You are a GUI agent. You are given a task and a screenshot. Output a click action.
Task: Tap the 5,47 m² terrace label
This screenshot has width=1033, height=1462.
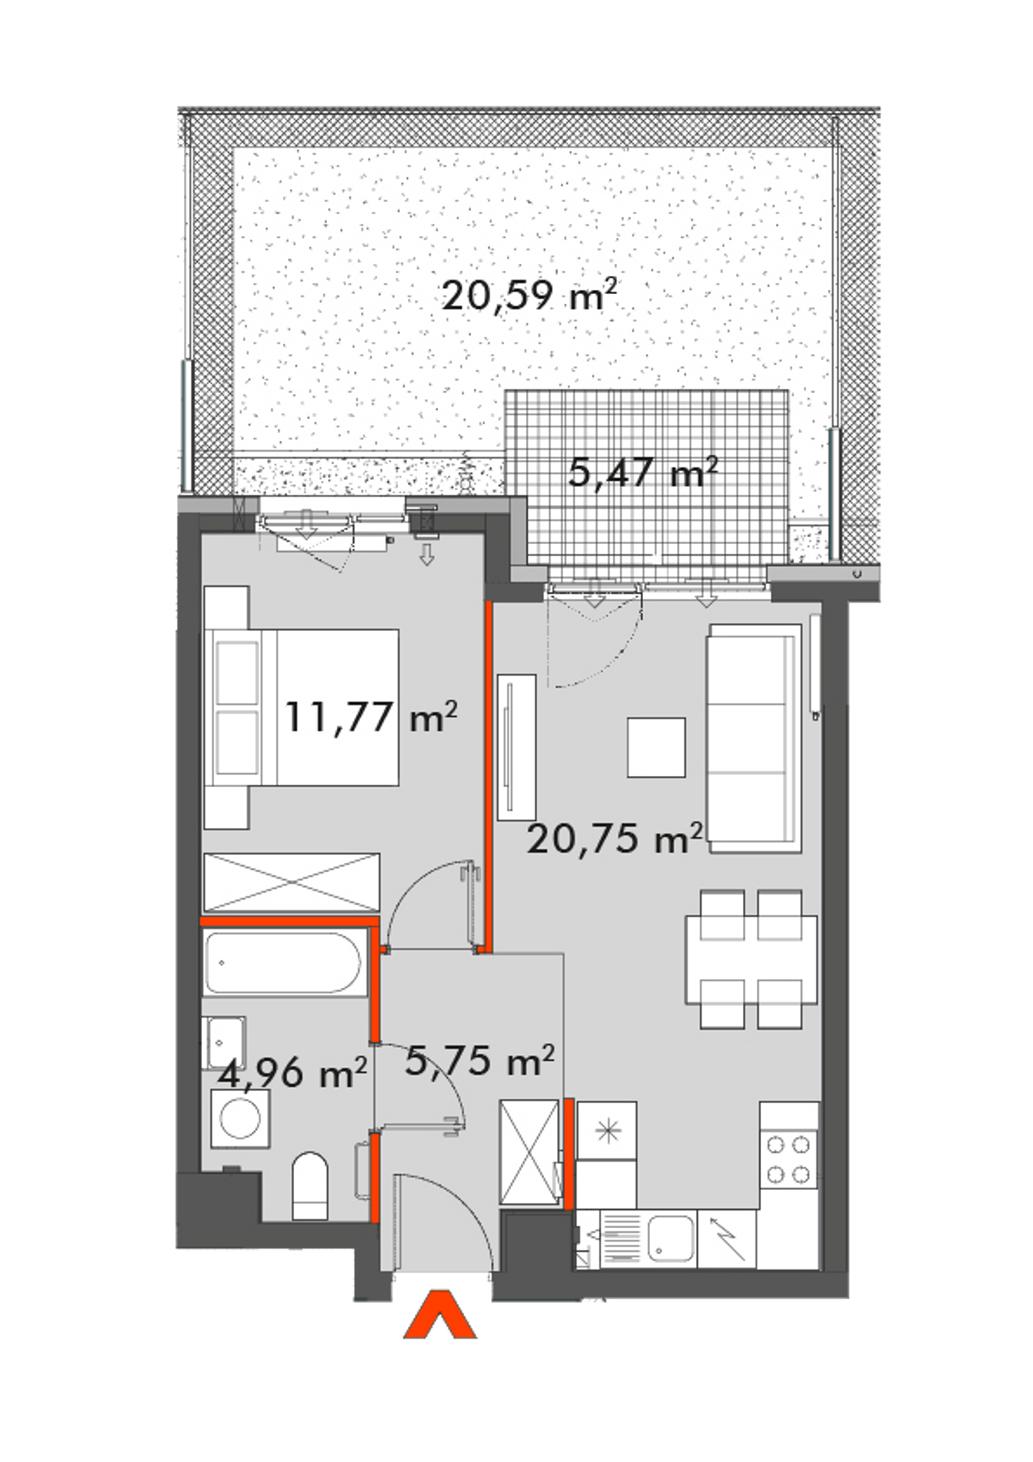click(x=643, y=472)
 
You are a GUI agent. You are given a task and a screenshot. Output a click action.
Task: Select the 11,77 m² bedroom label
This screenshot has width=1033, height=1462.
click(x=371, y=717)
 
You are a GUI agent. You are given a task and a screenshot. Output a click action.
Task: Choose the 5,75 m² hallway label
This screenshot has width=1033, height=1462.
click(x=480, y=1060)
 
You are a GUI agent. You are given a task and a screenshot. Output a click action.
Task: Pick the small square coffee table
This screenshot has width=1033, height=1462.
click(x=656, y=748)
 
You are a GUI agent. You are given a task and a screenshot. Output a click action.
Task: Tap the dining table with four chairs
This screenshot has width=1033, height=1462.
click(x=751, y=960)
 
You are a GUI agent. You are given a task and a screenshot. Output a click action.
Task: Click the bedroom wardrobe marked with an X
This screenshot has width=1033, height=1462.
click(x=291, y=882)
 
